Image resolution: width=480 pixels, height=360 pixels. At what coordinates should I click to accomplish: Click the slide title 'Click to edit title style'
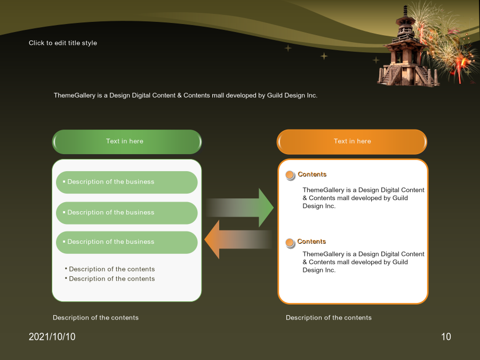(x=63, y=43)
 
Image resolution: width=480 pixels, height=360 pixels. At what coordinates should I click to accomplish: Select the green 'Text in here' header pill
(x=127, y=142)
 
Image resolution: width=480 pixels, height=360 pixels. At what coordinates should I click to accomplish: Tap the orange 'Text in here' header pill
(x=352, y=142)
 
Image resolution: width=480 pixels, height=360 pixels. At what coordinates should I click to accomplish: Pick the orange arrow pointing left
(x=238, y=239)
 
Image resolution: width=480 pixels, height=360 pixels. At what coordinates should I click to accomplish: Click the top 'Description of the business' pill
(x=127, y=182)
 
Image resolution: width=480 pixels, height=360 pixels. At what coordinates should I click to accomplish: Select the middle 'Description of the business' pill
(x=127, y=213)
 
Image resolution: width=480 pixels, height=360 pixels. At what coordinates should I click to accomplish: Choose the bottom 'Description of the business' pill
(x=127, y=242)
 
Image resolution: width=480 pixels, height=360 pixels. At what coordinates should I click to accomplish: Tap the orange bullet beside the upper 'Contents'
(x=290, y=175)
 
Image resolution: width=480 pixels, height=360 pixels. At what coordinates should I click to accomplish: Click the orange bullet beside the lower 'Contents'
(x=290, y=243)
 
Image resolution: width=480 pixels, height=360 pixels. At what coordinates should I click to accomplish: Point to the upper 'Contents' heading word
(x=312, y=174)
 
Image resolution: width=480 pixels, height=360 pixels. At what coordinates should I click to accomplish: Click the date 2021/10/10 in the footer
(x=52, y=337)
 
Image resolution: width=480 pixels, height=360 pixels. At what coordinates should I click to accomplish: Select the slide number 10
(x=446, y=337)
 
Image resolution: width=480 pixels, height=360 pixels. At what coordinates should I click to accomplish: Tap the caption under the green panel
(x=95, y=318)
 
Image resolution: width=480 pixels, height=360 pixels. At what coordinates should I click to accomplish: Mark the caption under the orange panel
(x=329, y=318)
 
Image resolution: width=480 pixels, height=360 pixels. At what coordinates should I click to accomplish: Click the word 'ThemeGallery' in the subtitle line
(x=75, y=95)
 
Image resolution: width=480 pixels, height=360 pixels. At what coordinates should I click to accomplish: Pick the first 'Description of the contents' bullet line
(x=110, y=269)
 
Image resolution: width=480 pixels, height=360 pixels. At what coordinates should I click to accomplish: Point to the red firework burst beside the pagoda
(x=459, y=65)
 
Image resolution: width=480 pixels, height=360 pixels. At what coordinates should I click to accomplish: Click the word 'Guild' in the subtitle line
(x=275, y=95)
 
